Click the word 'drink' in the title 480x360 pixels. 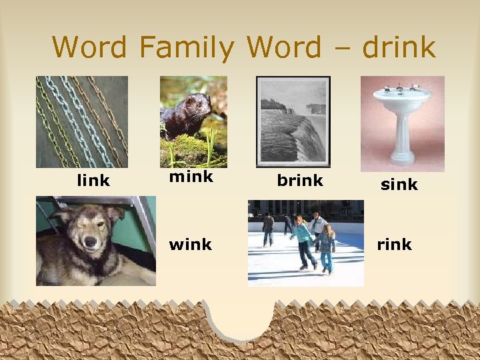tap(398, 47)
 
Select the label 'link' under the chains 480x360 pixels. tap(93, 181)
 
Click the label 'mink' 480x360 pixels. tap(191, 177)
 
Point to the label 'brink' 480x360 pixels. tap(299, 180)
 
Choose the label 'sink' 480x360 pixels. tap(399, 184)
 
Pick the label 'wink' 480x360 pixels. tap(190, 245)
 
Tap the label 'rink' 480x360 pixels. tap(394, 245)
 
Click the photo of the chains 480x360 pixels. tap(81, 121)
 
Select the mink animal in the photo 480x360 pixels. tap(186, 116)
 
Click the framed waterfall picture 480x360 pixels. tap(293, 121)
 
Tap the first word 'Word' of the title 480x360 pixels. tap(89, 47)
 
